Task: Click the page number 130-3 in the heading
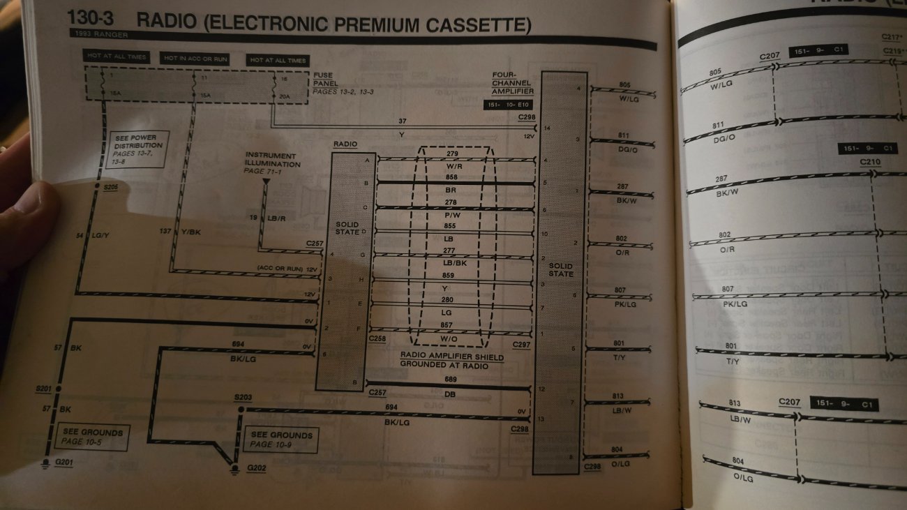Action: [x=95, y=20]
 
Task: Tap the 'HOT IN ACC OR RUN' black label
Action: [x=195, y=59]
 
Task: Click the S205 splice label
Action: [x=110, y=188]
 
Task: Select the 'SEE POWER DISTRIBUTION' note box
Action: [x=138, y=149]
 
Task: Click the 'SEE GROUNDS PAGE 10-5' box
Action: [x=92, y=437]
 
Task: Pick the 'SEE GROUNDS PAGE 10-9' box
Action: [x=281, y=440]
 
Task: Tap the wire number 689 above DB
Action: [x=451, y=380]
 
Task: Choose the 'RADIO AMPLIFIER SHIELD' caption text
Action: [x=451, y=357]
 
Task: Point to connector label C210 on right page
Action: [x=869, y=163]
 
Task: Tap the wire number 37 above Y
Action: [x=402, y=121]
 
